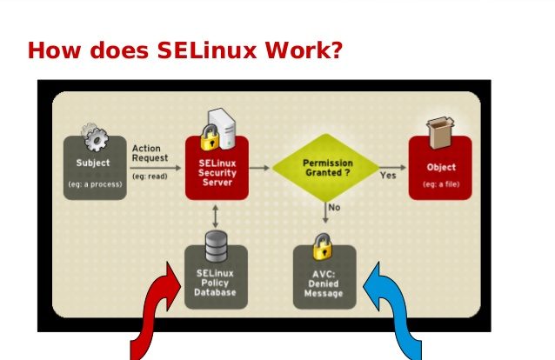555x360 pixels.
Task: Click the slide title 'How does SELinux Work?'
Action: point(185,50)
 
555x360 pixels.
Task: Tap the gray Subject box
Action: point(95,168)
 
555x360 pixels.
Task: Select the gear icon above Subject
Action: point(95,137)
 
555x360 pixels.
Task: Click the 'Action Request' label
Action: point(150,153)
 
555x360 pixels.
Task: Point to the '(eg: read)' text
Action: point(150,176)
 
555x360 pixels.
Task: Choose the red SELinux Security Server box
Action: point(217,168)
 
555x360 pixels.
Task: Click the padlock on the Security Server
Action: point(210,137)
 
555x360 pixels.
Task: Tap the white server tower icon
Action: point(223,129)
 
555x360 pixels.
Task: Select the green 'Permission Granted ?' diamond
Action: point(325,168)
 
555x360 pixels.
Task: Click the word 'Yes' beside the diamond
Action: point(388,176)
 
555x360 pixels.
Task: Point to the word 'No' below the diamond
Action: point(335,207)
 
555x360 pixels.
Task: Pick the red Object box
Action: point(440,168)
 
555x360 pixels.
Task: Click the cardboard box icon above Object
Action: point(441,132)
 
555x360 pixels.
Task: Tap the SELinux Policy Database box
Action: point(216,277)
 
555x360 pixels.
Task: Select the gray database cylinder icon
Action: point(217,247)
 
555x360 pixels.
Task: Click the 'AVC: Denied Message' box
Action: point(324,277)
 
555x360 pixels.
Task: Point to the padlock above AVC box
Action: point(323,246)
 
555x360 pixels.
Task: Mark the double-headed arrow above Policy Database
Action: point(215,217)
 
